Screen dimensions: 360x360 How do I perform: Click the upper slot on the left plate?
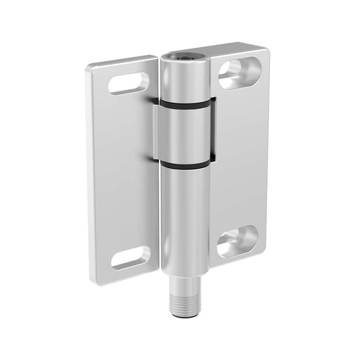pos(128,83)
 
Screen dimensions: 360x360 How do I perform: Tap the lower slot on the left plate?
pos(130,258)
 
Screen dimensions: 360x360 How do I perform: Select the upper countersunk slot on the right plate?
pos(236,74)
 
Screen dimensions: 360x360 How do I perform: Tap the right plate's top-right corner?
pos(265,51)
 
